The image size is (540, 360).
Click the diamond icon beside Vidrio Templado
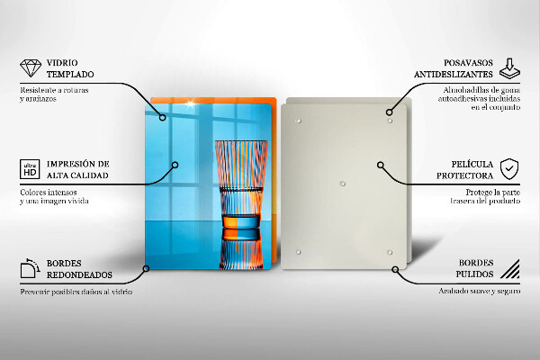pos(31,67)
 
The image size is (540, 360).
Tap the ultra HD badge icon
pos(30,169)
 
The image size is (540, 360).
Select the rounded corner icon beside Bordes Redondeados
pos(30,268)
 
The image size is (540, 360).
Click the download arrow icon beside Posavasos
pos(509,68)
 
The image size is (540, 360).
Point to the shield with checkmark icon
pos(509,169)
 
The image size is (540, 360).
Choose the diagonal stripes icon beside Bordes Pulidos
pos(510,269)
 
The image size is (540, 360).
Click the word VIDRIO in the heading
pos(62,63)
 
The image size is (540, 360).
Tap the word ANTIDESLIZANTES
pos(454,75)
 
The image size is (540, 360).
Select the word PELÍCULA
pos(472,164)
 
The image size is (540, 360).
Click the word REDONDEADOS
pos(79,274)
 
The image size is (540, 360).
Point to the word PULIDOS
pos(474,274)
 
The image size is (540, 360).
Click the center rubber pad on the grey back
pos(342,184)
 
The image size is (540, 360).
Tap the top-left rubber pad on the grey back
pos(299,121)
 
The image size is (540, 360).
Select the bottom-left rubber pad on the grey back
pos(298,252)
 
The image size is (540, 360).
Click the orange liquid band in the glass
pos(240,221)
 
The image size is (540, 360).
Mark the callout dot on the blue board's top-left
pos(163,118)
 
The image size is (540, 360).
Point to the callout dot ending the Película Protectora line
pos(380,165)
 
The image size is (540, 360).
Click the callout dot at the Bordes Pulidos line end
pos(395,269)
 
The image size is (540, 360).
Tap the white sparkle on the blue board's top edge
pos(191,103)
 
